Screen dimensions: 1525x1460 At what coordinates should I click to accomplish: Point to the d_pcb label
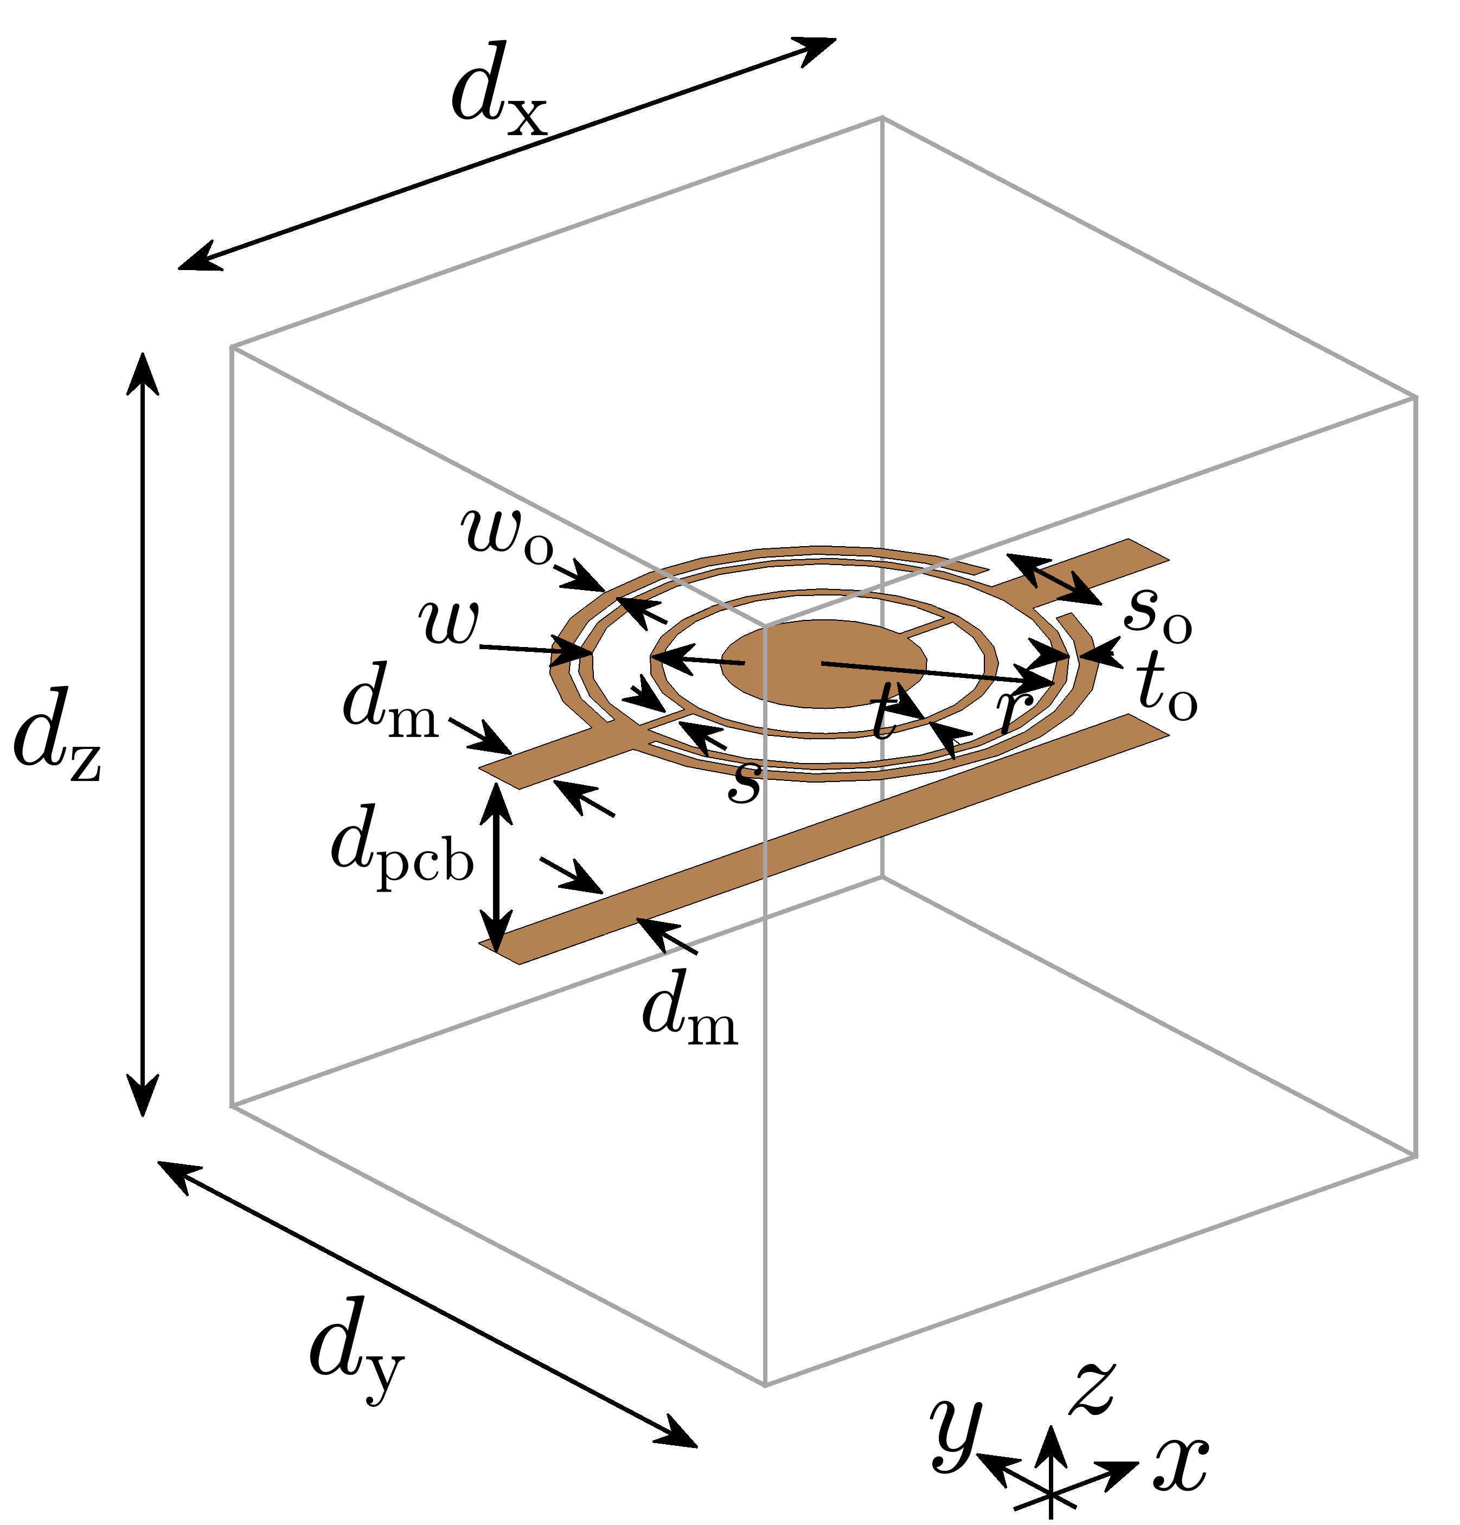click(x=401, y=853)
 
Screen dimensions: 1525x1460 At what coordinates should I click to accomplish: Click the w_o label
click(x=507, y=536)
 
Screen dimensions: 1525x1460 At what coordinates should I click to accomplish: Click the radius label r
click(x=1014, y=708)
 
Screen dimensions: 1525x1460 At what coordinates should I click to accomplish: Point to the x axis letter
click(x=1180, y=1462)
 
